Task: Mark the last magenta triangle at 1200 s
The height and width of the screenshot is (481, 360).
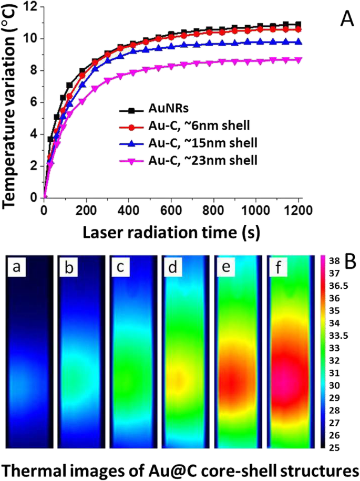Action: click(299, 60)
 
